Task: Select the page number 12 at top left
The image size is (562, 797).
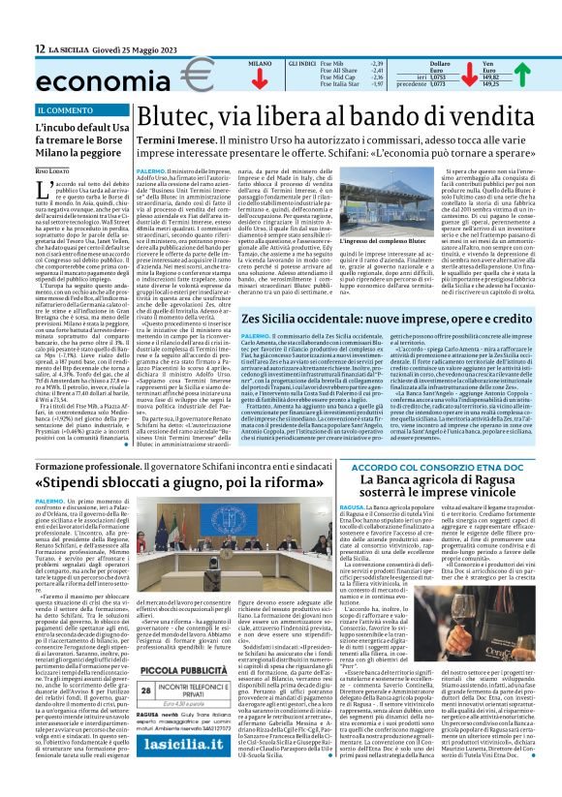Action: coord(40,48)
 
